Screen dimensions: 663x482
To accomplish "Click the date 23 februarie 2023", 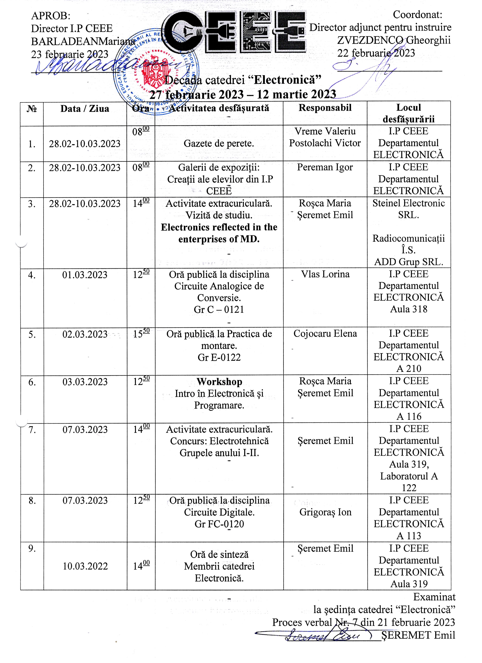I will click(x=70, y=54).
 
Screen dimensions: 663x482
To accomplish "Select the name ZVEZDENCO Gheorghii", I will click(x=394, y=40).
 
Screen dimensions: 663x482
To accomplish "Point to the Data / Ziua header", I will click(x=85, y=109).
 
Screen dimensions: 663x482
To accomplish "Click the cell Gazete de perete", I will click(x=219, y=143).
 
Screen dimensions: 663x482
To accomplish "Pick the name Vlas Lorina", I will click(x=325, y=274).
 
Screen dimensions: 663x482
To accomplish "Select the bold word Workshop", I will click(x=219, y=382).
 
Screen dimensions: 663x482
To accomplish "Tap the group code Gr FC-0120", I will click(x=219, y=524).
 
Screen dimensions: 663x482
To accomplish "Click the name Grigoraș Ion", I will click(x=325, y=512).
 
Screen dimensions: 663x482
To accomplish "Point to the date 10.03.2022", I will click(x=85, y=566).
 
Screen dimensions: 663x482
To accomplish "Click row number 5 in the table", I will click(x=32, y=334).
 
